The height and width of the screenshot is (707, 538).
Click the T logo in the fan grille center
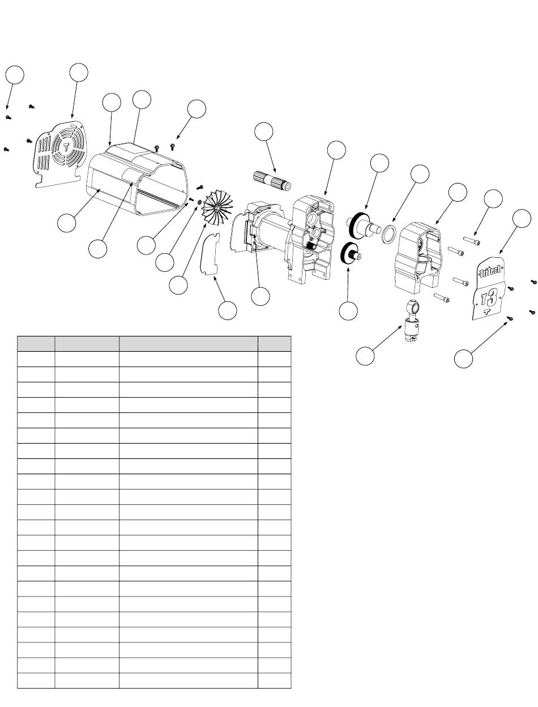click(x=66, y=147)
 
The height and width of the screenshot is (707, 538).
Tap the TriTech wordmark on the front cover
click(x=490, y=270)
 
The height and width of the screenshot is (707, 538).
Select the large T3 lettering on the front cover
click(x=489, y=297)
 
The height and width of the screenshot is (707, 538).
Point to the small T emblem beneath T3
click(x=486, y=311)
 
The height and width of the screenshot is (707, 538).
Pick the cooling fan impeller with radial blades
click(x=218, y=207)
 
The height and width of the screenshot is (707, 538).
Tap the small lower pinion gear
click(x=351, y=254)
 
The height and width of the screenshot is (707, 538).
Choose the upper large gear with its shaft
click(x=364, y=224)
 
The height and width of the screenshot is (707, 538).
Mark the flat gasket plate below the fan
click(x=210, y=254)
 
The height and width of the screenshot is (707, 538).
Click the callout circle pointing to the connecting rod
click(x=365, y=356)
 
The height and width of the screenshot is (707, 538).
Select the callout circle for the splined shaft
click(x=264, y=131)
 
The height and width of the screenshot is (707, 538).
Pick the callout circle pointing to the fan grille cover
click(x=79, y=73)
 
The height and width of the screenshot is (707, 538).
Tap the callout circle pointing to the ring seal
click(x=420, y=174)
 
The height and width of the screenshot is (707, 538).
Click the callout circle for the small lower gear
click(x=348, y=311)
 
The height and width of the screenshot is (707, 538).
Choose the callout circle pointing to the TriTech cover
click(x=522, y=218)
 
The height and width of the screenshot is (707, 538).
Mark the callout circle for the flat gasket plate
click(x=227, y=310)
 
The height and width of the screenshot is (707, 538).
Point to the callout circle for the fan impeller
click(x=178, y=285)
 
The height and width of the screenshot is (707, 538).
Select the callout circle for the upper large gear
click(x=379, y=163)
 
